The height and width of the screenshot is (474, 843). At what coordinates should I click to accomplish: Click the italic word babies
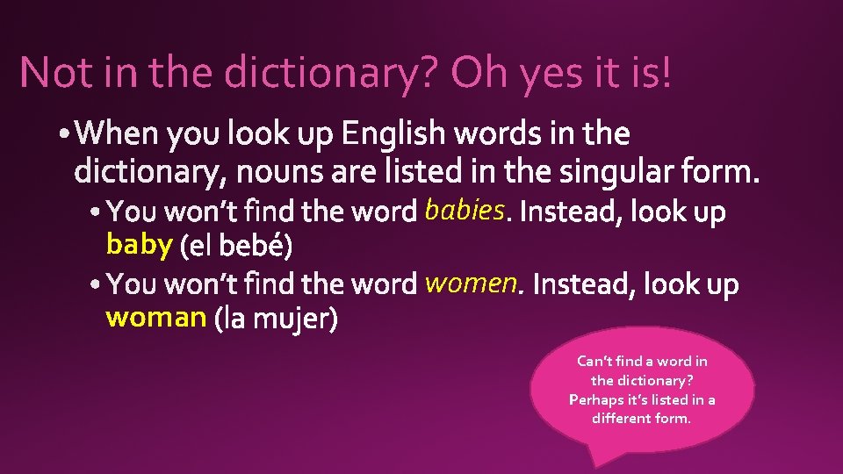tap(463, 211)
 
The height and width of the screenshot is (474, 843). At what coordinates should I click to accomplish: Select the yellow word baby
tap(139, 245)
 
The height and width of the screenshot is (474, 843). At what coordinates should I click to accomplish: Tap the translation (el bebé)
tap(235, 247)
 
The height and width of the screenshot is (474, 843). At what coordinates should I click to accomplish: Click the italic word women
tap(470, 283)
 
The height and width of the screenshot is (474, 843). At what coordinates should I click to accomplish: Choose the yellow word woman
tap(155, 317)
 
